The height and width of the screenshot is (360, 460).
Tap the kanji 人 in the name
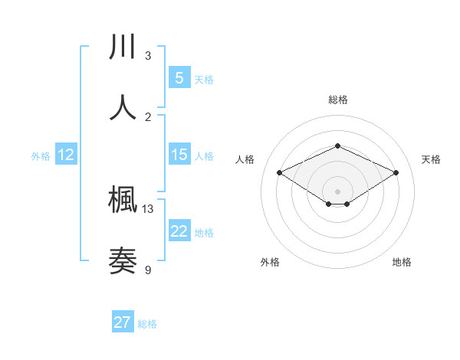click(x=123, y=108)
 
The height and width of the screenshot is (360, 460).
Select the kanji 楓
click(x=123, y=201)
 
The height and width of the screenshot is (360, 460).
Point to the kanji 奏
click(x=123, y=261)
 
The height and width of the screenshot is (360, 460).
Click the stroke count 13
click(x=148, y=208)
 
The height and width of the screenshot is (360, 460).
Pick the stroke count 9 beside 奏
click(x=148, y=270)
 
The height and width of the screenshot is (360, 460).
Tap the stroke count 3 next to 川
click(x=148, y=56)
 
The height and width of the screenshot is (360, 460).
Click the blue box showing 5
click(x=179, y=78)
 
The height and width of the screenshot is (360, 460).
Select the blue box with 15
click(x=179, y=155)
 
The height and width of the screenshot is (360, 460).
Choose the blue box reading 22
click(x=179, y=231)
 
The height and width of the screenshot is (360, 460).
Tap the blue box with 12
click(x=65, y=155)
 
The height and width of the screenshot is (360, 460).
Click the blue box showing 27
click(x=123, y=322)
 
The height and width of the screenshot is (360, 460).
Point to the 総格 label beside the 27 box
click(x=147, y=324)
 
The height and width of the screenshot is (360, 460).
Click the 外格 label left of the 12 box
click(x=41, y=156)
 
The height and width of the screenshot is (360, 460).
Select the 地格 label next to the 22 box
click(x=204, y=233)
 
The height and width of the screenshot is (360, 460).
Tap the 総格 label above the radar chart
click(x=337, y=100)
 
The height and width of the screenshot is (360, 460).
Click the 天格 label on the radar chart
click(x=431, y=159)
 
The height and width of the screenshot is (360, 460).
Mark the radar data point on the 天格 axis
click(x=396, y=172)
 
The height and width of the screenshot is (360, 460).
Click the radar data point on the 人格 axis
click(x=279, y=172)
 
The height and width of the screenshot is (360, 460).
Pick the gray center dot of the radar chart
click(x=337, y=191)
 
